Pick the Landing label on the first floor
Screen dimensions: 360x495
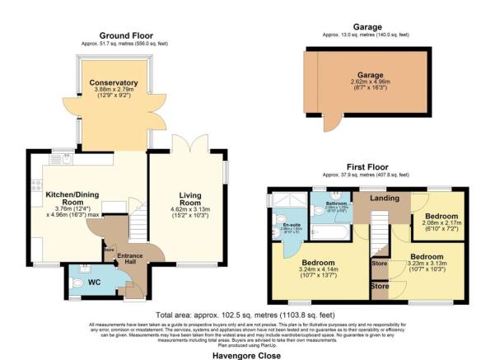(x=378, y=198)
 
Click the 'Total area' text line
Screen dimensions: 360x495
(x=247, y=316)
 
